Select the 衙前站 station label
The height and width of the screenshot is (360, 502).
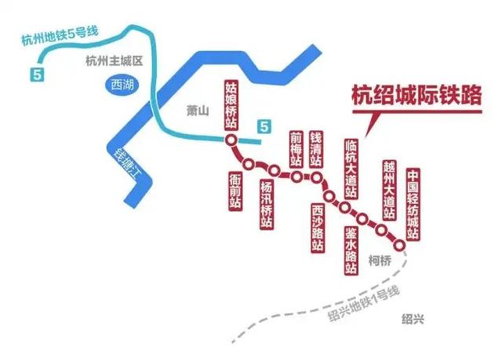(x=235, y=191)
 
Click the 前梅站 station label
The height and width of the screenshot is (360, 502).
(x=296, y=149)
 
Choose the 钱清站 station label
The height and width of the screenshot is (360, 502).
(x=316, y=149)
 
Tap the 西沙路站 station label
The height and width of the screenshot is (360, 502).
(x=318, y=227)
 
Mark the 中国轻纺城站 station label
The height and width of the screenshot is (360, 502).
(x=414, y=204)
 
